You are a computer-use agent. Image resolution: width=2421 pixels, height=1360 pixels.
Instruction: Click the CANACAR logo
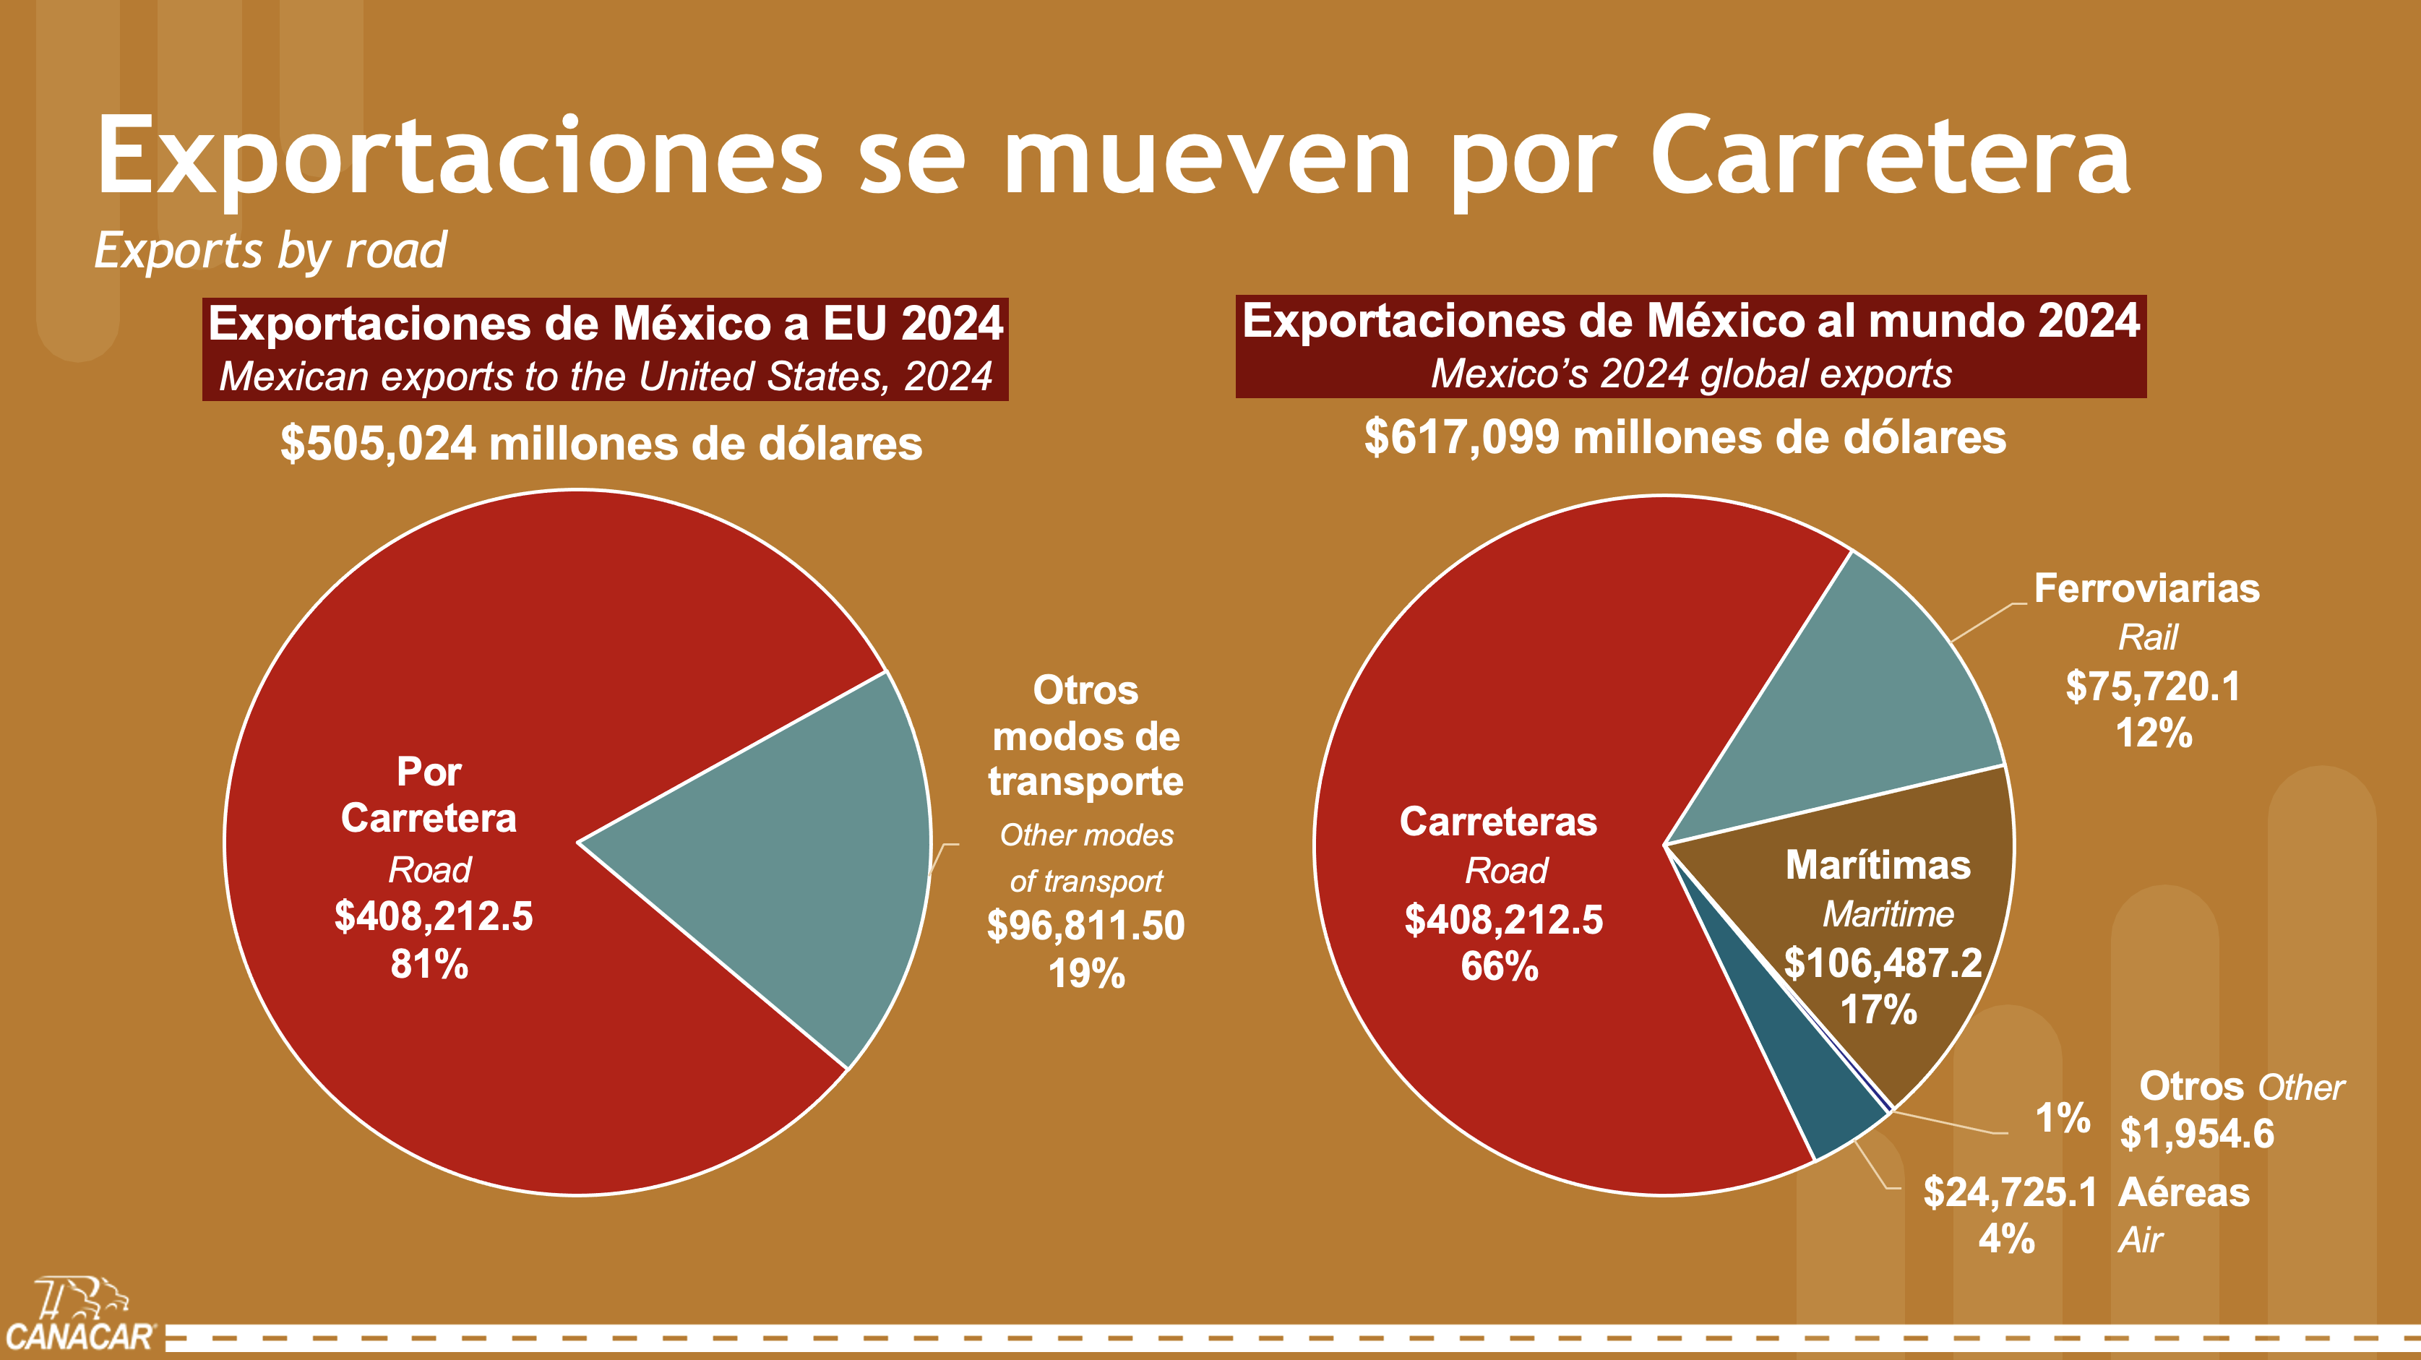pos(80,1316)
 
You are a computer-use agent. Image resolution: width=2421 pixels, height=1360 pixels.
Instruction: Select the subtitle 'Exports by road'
pos(271,251)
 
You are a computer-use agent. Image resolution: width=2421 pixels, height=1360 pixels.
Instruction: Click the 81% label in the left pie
pos(429,964)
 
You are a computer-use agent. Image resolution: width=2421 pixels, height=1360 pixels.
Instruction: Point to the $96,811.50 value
pos(1085,926)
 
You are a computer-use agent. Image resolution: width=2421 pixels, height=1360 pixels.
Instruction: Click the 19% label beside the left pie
pos(1086,973)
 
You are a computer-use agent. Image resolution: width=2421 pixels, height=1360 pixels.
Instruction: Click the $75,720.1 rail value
pos(2152,687)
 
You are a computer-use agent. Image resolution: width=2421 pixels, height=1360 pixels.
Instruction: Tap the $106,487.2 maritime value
pos(1883,963)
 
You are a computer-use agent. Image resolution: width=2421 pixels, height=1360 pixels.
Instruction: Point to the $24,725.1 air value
pos(2009,1192)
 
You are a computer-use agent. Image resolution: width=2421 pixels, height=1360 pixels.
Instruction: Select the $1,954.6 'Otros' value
pos(2196,1135)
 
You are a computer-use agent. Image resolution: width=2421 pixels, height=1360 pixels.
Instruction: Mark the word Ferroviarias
pos(2146,589)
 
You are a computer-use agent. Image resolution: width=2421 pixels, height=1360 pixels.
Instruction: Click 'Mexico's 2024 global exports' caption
pos(1691,374)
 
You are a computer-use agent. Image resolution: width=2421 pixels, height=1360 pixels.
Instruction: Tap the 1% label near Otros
pos(2062,1119)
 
